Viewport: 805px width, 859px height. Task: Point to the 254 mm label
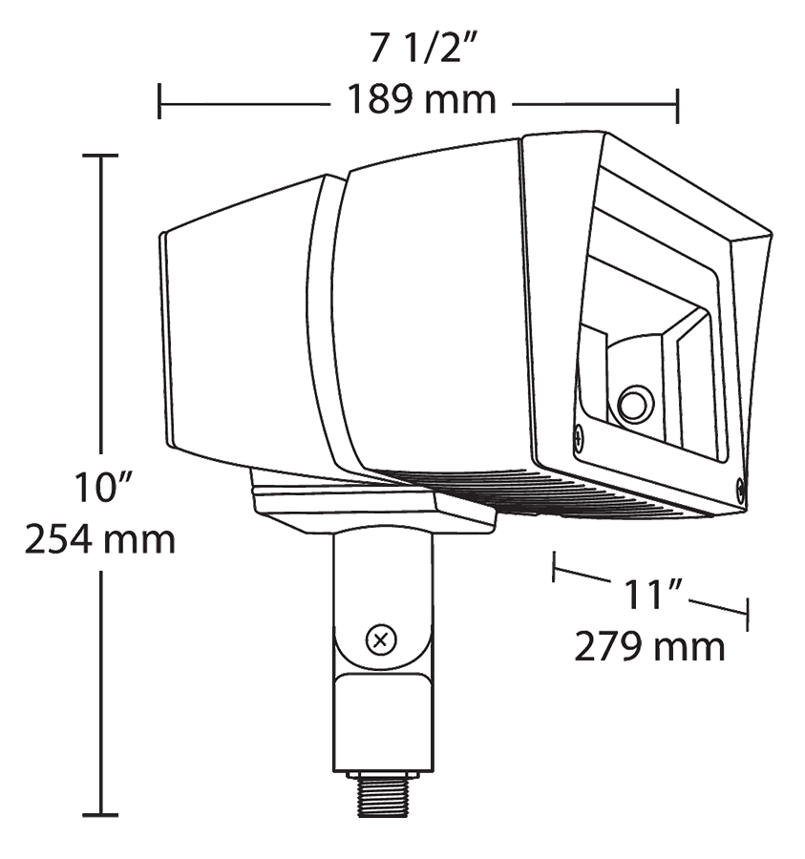[100, 540]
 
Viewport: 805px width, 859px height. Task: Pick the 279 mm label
[649, 647]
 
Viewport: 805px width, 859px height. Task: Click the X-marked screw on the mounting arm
[382, 639]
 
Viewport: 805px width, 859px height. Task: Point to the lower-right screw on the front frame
[742, 490]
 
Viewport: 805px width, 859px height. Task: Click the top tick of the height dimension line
[100, 155]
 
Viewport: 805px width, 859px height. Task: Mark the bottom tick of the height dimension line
[100, 815]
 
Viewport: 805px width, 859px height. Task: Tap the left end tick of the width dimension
[159, 101]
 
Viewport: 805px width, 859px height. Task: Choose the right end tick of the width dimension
[677, 101]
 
